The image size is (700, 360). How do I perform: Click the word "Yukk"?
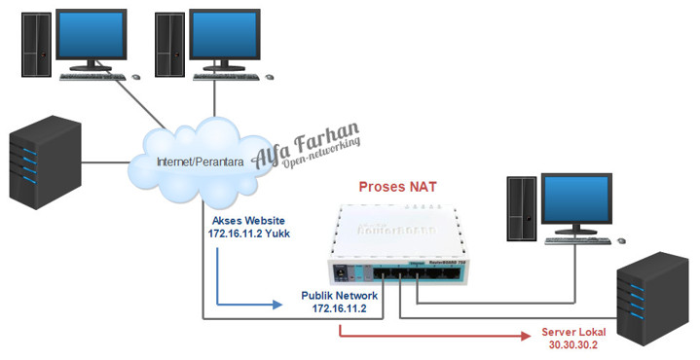point(275,234)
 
